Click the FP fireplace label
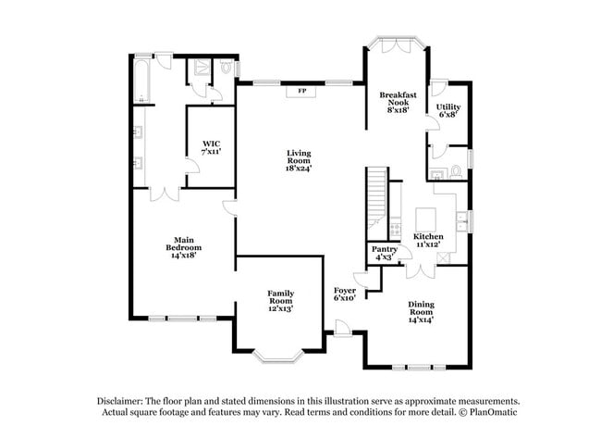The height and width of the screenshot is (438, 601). tap(302, 92)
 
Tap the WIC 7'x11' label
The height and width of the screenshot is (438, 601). tap(212, 147)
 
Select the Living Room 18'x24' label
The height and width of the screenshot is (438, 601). tap(298, 163)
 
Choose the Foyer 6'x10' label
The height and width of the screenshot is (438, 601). tap(345, 294)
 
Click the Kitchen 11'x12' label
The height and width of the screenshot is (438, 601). tap(428, 242)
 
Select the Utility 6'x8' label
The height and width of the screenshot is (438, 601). tap(448, 111)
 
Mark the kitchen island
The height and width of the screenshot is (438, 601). tap(426, 219)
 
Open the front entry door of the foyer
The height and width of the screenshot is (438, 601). tap(343, 327)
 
